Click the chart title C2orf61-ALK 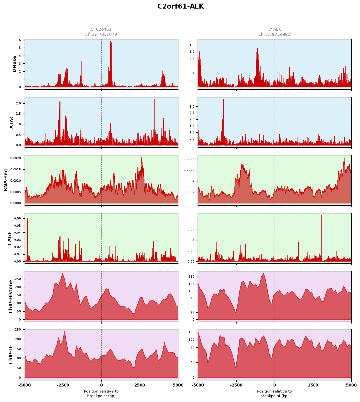[x=181, y=6]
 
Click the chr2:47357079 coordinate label [x=101, y=34]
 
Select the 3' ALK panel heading [x=274, y=29]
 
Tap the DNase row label [x=14, y=64]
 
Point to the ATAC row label [x=12, y=122]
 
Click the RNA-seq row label [x=6, y=180]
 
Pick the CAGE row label [x=9, y=238]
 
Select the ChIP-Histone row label [x=10, y=296]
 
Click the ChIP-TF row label [x=10, y=355]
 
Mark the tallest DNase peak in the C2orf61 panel [x=111, y=41]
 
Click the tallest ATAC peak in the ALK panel [x=223, y=99]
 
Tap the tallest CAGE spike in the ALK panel [x=321, y=216]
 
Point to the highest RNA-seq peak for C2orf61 [x=142, y=158]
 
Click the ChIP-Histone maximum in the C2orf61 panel [x=63, y=274]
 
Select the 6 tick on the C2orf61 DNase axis [x=20, y=40]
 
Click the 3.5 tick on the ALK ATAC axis [x=192, y=100]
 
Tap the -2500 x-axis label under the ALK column [x=236, y=385]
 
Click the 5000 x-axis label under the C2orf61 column [x=178, y=385]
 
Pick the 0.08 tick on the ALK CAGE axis [x=191, y=219]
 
